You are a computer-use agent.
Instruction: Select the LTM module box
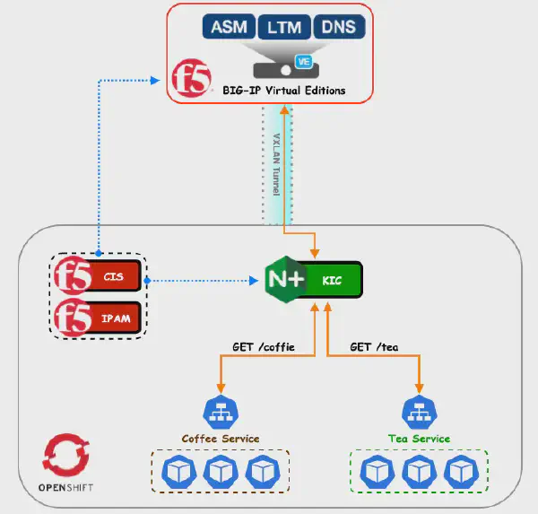coord(284,27)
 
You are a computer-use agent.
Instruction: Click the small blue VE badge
coord(303,62)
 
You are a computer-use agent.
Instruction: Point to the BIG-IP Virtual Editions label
coord(283,91)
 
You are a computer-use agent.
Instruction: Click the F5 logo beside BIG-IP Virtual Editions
coord(190,79)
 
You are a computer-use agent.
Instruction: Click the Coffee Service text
coord(221,439)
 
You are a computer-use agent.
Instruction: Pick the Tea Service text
coord(419,439)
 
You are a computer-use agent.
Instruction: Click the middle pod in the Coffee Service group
coord(221,471)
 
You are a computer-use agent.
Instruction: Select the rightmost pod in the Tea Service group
coord(460,471)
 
